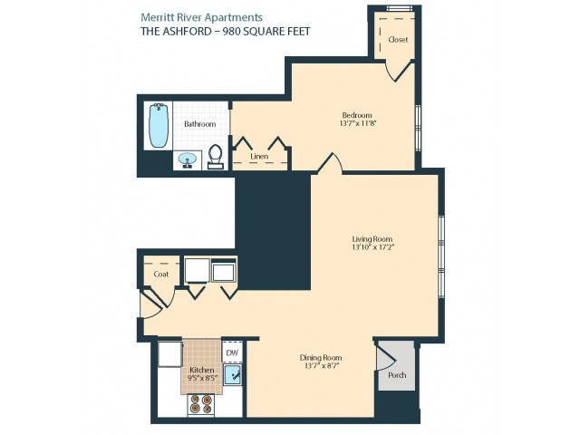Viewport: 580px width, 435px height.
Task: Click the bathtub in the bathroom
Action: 159,125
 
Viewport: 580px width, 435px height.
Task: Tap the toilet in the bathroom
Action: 216,157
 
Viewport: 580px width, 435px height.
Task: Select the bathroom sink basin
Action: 188,160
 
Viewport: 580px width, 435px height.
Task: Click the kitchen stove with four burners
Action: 201,403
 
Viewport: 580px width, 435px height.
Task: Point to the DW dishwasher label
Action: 232,353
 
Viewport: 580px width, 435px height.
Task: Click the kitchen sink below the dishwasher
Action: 233,374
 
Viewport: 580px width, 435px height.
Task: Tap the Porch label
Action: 397,375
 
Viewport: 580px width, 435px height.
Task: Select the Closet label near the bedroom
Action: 398,39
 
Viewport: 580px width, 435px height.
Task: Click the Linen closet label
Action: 259,156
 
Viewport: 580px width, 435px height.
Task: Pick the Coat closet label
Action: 161,274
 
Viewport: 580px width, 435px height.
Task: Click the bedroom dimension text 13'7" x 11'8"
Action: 358,123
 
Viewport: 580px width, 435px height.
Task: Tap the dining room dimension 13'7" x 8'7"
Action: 321,366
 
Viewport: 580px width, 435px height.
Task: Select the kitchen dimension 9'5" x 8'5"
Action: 202,378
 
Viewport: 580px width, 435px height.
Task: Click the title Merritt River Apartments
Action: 201,17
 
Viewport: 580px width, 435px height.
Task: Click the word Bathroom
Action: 199,124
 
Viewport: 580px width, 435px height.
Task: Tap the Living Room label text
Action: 372,239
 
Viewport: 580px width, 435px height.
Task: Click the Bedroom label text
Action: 357,115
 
